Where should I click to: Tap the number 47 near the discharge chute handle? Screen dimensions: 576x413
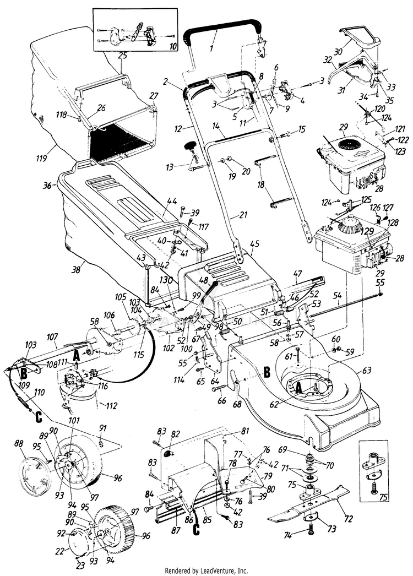click(x=297, y=273)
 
